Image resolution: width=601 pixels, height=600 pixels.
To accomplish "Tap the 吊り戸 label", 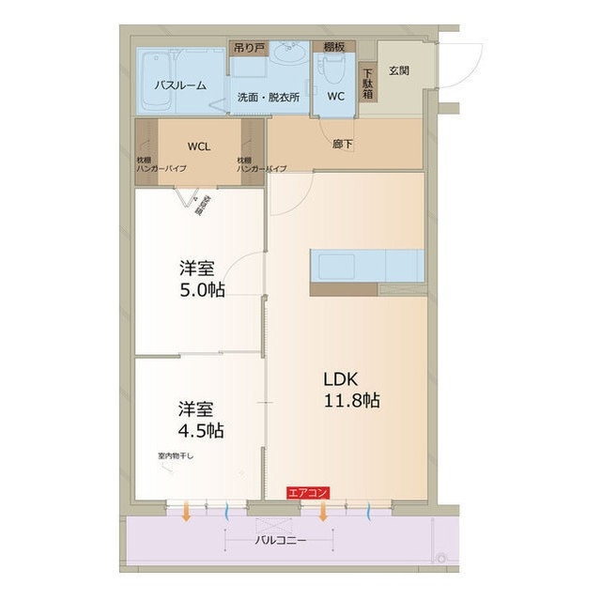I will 250,46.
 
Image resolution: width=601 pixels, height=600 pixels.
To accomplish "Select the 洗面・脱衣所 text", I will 268,97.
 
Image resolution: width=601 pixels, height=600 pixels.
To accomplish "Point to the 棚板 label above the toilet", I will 334,46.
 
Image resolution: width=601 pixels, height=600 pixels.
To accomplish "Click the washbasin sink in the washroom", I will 289,57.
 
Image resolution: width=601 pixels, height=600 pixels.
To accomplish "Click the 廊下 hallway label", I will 343,145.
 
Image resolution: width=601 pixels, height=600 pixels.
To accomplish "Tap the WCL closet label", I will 198,146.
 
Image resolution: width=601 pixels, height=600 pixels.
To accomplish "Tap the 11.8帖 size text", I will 352,402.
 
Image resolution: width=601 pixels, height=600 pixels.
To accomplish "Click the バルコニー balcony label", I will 280,542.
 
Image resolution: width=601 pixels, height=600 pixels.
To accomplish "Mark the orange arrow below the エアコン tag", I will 323,513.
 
